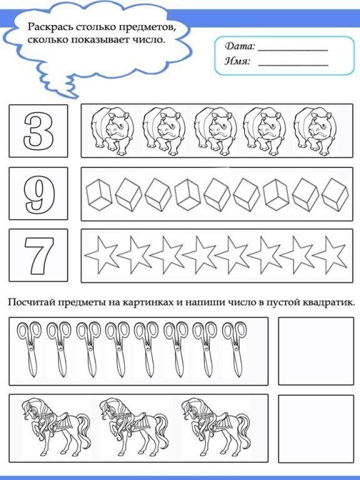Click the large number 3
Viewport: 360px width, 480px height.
(39, 131)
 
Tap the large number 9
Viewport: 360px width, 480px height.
(39, 194)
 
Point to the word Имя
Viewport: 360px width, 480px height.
(237, 61)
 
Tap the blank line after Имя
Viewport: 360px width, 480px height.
(292, 64)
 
